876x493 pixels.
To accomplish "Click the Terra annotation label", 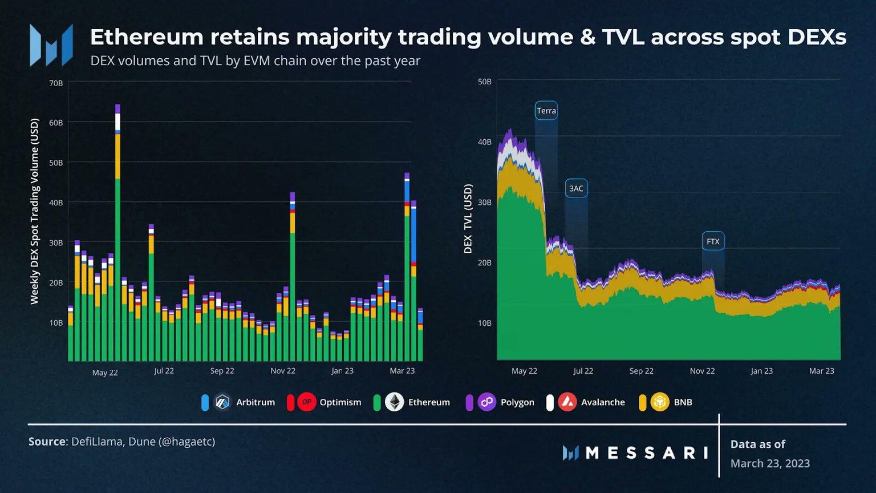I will pos(546,111).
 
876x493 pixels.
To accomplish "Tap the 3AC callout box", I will pos(576,188).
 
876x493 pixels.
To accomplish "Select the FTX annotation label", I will pos(713,241).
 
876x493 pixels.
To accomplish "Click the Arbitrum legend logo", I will pos(222,402).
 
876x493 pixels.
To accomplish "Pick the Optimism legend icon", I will pos(306,402).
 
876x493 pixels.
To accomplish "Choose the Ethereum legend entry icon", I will pos(394,402).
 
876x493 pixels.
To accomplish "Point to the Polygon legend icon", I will pos(486,402).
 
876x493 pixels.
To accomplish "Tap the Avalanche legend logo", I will pos(567,402).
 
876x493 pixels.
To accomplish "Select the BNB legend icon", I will pos(660,402).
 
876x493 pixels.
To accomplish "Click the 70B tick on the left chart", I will pos(56,83).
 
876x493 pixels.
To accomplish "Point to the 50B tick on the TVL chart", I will pos(484,82).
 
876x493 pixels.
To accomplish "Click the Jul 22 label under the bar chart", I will pos(164,371).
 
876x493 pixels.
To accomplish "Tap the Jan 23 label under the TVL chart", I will pos(761,371).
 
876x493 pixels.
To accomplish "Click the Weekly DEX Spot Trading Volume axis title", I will pos(35,211).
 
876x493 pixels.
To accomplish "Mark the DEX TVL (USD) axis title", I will pos(468,219).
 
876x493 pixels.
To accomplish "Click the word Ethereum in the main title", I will pos(147,37).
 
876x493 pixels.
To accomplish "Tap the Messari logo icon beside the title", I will pos(51,45).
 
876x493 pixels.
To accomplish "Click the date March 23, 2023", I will pos(770,463).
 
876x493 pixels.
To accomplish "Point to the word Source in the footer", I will pos(47,442).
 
